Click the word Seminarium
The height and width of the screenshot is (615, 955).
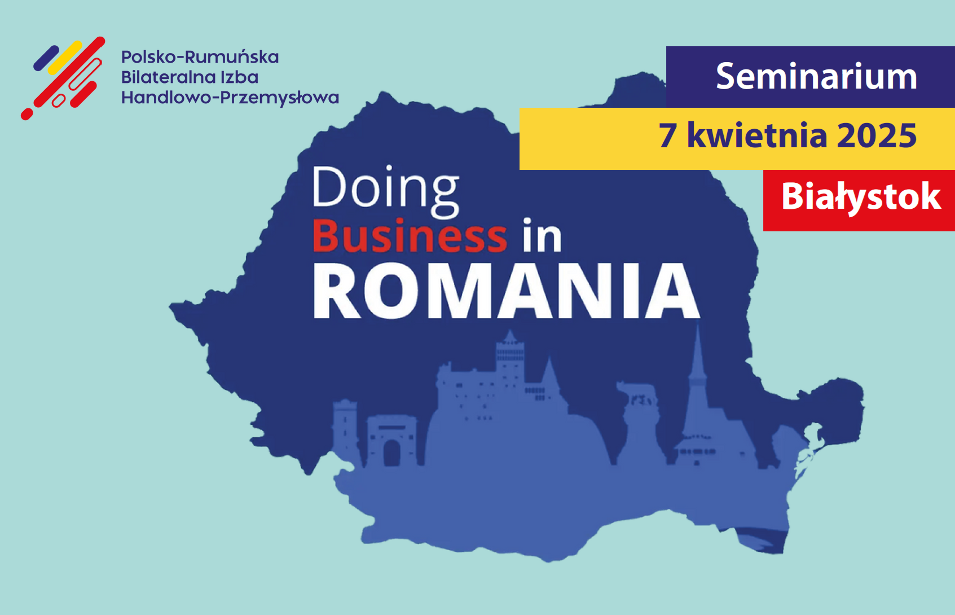(x=816, y=76)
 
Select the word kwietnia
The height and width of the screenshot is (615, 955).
(x=757, y=135)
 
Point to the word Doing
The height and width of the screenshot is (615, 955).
(x=386, y=191)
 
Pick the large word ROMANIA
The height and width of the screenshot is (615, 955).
(x=506, y=291)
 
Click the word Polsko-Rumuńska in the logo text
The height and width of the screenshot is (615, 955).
(x=200, y=57)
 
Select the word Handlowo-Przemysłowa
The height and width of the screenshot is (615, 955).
(x=230, y=98)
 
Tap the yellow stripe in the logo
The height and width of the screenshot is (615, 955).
(x=64, y=58)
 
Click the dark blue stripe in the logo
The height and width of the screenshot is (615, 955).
(x=46, y=58)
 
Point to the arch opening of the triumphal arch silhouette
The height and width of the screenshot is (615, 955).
(x=392, y=454)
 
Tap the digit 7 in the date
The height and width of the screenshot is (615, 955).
(x=668, y=136)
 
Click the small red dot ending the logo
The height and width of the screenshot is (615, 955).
(x=27, y=115)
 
